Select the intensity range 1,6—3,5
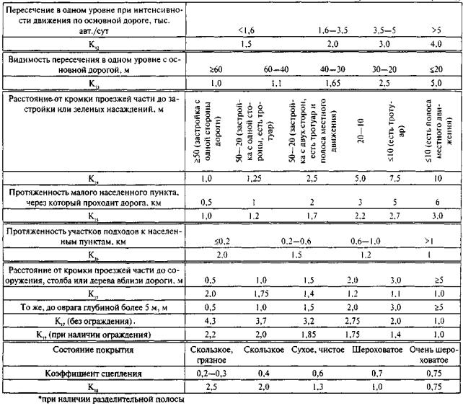click(x=333, y=30)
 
